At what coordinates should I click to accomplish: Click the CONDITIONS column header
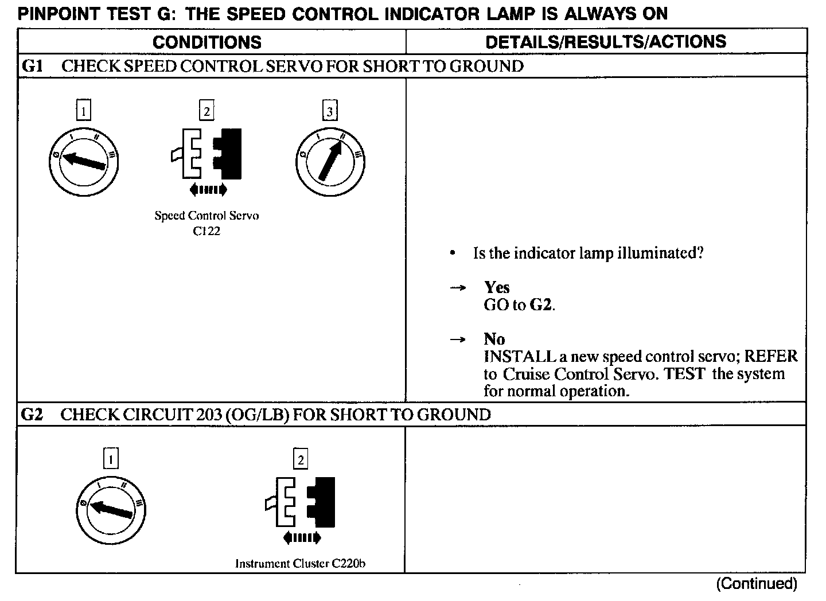click(x=207, y=42)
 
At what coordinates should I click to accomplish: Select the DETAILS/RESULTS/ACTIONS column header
click(x=606, y=41)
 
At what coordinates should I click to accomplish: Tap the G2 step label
click(x=32, y=415)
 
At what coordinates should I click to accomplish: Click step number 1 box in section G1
click(x=84, y=110)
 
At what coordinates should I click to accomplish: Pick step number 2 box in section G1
click(x=206, y=110)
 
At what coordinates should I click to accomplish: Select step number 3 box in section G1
click(x=330, y=110)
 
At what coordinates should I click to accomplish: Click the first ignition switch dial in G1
click(x=84, y=162)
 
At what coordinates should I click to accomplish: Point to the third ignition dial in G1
click(x=330, y=162)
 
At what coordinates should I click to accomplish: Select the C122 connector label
click(x=206, y=231)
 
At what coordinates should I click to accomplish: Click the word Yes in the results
click(x=497, y=287)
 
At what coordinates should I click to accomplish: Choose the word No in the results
click(x=494, y=339)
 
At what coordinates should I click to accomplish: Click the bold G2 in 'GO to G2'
click(x=541, y=305)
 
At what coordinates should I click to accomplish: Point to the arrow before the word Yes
click(x=457, y=288)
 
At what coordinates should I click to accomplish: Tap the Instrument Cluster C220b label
click(x=301, y=563)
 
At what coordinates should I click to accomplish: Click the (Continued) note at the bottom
click(x=756, y=584)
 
